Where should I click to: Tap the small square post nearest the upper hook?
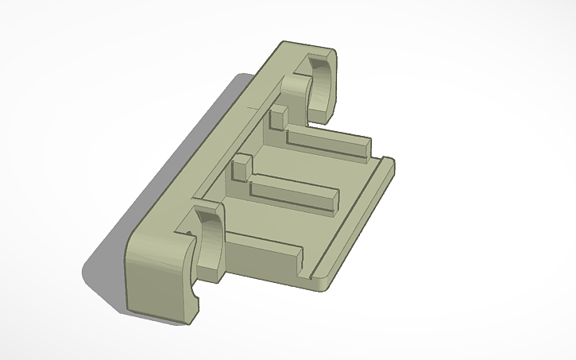pyautogui.click(x=277, y=118)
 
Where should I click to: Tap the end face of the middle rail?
pyautogui.click(x=331, y=203)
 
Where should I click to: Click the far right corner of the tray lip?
pyautogui.click(x=392, y=162)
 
